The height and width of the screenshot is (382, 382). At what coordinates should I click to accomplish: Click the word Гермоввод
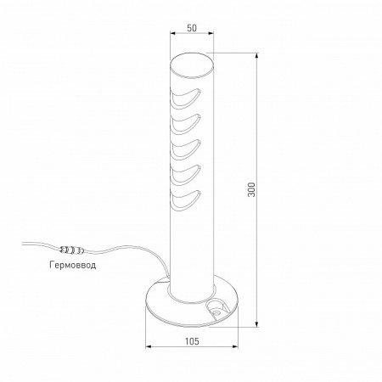point(73,265)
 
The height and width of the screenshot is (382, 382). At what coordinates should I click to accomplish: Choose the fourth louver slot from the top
point(188,173)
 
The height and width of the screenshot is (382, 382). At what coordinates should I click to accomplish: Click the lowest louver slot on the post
point(188,201)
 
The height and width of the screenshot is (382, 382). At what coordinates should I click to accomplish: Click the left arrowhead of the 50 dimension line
point(172,34)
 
